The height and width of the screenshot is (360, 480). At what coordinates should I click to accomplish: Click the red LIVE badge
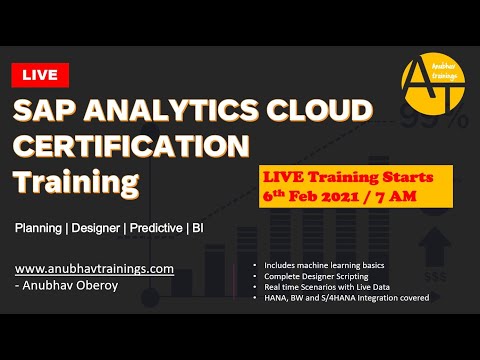click(41, 74)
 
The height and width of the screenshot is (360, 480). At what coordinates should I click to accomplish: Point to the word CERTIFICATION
click(131, 146)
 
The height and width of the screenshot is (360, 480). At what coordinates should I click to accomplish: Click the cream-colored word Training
click(75, 183)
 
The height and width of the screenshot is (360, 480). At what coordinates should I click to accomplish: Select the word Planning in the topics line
click(38, 228)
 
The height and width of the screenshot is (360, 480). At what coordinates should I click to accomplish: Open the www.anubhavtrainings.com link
click(95, 269)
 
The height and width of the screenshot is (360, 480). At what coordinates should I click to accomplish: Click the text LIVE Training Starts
click(334, 177)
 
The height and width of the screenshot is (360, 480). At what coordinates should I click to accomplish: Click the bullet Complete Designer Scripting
click(314, 276)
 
